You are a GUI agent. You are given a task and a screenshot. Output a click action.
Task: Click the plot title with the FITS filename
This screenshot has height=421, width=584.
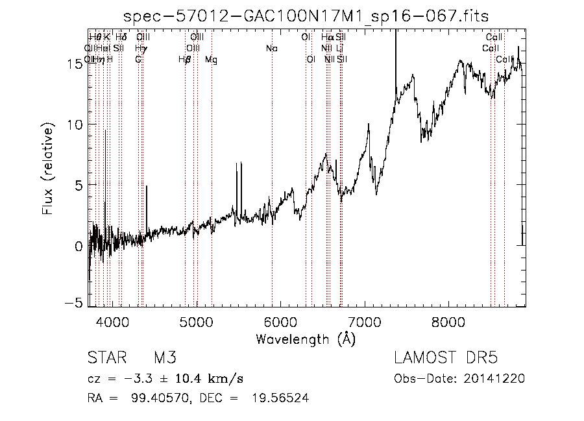306,16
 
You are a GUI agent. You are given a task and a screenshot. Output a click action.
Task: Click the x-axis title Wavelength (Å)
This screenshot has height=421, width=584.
306,339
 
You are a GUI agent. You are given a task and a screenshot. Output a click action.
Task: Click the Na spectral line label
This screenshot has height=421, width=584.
272,49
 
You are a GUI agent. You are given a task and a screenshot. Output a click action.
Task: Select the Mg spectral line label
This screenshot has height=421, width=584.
212,60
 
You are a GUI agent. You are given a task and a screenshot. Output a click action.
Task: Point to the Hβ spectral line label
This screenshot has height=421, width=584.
185,60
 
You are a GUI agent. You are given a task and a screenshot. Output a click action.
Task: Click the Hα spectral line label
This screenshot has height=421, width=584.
327,38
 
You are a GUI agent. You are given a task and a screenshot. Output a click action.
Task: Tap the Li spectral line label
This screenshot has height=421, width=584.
339,49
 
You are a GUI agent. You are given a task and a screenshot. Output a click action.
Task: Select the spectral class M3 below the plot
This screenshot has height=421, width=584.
165,358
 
